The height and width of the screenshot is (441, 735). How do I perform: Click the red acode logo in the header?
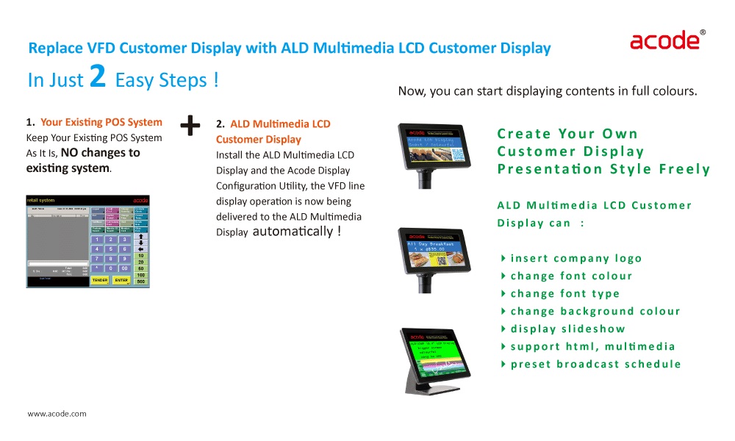pos(664,40)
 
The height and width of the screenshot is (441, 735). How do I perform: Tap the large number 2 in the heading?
pos(98,77)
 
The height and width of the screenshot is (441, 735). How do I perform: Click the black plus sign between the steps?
pos(190,126)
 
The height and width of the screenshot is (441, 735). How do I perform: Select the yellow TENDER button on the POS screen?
pos(100,280)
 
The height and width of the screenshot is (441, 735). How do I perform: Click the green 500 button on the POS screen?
pos(140,282)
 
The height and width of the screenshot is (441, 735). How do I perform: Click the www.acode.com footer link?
pos(57,414)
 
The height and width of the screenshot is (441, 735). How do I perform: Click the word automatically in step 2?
pos(293,232)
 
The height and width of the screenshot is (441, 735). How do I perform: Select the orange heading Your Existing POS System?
pos(101,122)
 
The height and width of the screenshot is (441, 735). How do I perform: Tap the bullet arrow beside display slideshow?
pos(503,329)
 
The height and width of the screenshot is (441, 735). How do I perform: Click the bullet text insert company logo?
pos(576,258)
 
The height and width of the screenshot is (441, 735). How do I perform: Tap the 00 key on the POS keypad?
pos(125,269)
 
